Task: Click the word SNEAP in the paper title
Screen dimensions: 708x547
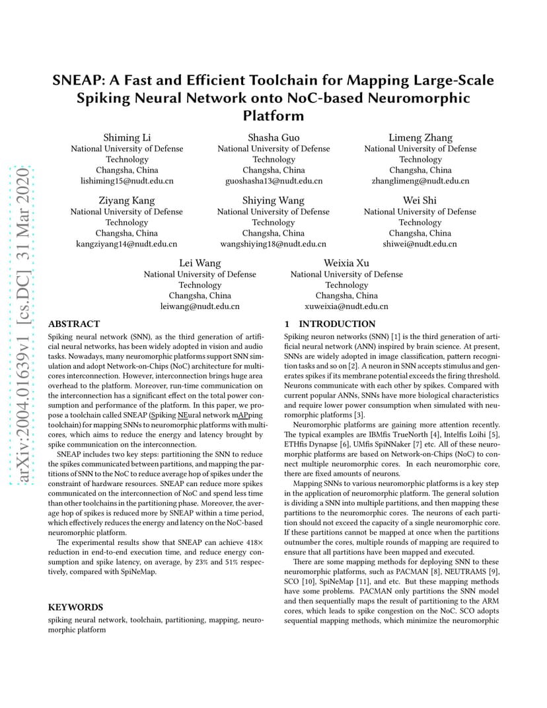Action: pos(77,81)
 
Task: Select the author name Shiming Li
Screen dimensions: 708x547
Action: pos(127,137)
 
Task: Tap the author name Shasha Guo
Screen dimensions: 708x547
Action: pos(273,137)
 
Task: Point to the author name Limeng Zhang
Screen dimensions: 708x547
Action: pos(420,137)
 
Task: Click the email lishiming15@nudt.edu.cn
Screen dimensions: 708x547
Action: pos(127,180)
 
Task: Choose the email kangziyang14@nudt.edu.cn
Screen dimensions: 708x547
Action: pos(127,244)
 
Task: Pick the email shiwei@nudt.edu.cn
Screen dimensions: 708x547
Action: pos(420,244)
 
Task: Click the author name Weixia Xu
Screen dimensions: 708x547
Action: pos(346,263)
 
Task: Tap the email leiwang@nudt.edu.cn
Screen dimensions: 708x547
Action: pos(200,306)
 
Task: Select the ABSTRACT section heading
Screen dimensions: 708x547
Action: pos(74,324)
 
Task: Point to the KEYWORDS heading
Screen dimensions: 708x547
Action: pos(76,607)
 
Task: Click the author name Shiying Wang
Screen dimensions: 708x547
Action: pos(273,200)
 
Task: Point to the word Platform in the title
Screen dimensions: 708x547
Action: pos(273,116)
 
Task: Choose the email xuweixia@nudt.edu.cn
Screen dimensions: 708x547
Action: pos(346,306)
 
